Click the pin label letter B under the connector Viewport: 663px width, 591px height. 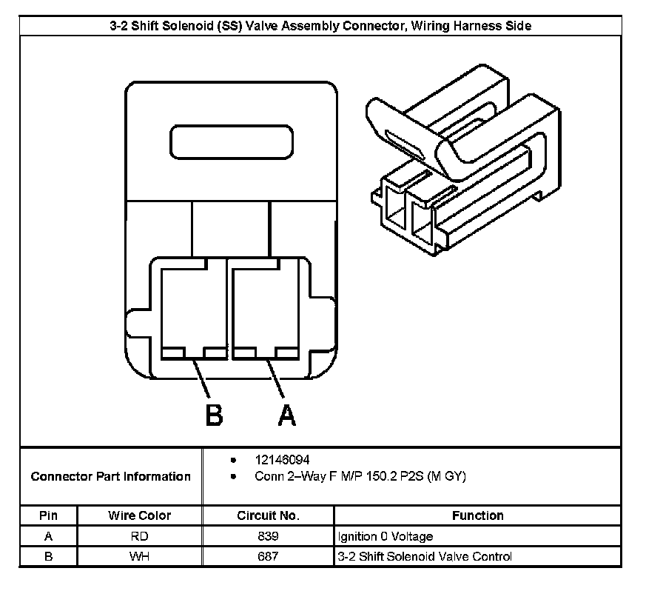pos(213,415)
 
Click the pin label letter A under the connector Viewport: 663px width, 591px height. pos(286,415)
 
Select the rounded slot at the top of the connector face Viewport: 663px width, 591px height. pos(231,141)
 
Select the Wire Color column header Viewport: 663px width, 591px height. pos(139,515)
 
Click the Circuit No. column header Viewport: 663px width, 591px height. pos(268,515)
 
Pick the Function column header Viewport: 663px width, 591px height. pos(477,515)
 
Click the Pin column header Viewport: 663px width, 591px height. pos(48,515)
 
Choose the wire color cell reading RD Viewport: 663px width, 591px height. pos(139,536)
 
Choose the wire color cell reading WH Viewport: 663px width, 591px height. pos(139,556)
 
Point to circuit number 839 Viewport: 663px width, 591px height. pos(268,536)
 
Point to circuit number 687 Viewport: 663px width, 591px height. pos(268,556)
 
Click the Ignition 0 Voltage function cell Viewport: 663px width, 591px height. pos(385,536)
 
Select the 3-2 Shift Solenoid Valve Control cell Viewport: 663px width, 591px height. pos(424,556)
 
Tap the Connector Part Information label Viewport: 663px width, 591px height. pos(111,477)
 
